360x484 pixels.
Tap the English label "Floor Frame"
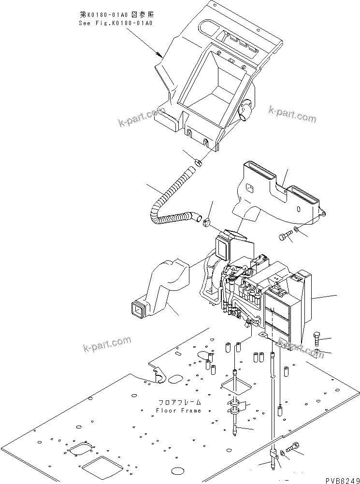[178, 411]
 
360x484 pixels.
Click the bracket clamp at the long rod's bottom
[274, 455]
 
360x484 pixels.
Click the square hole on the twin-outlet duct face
[249, 188]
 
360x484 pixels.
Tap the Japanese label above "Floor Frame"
[178, 402]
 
